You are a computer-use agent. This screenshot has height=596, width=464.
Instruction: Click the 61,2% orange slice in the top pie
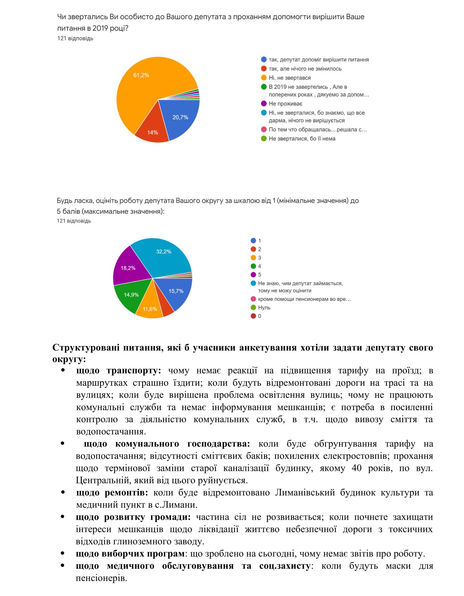tap(146, 86)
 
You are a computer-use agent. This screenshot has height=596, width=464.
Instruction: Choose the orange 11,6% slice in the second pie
tap(150, 307)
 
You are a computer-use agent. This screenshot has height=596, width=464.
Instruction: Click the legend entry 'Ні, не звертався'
tap(289, 78)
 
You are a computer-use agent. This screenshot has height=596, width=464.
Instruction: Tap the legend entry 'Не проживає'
tap(285, 104)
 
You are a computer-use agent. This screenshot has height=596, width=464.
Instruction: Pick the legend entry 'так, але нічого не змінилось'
tap(305, 69)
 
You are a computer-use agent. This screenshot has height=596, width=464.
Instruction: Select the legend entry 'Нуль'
tap(264, 307)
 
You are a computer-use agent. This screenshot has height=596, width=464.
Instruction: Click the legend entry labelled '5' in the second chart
tap(260, 275)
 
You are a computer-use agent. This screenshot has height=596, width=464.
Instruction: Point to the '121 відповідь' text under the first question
tap(75, 38)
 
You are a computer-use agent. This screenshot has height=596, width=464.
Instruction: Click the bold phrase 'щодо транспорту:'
tap(118, 371)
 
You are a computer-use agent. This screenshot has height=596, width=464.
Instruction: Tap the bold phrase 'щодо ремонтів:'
tap(112, 492)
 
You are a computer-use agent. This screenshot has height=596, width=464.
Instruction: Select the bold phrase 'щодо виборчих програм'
tap(130, 553)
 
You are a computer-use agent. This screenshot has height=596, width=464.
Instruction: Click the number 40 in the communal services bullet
tap(356, 468)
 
